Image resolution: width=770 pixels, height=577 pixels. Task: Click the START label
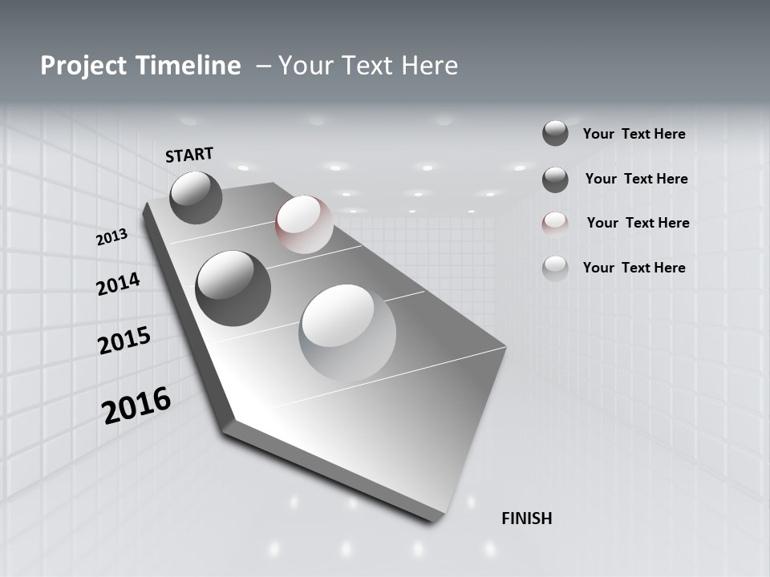coord(189,154)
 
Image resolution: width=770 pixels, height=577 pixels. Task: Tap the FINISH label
coord(526,518)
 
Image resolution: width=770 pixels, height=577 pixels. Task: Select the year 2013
coord(112,237)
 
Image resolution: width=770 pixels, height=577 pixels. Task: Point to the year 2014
coord(119,284)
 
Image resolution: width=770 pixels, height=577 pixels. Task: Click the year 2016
coord(136,405)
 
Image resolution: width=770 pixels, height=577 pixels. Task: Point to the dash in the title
coord(262,66)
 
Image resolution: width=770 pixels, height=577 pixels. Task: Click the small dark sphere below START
coord(197,197)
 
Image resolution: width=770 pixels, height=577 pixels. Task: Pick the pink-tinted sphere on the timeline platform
coord(304,224)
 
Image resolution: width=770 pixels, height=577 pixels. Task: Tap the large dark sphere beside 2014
coord(233,288)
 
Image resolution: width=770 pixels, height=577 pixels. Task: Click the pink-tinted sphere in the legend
coord(555,224)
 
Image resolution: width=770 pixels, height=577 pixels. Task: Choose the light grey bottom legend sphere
coord(555,268)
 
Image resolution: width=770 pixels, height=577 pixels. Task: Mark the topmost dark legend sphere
coord(555,133)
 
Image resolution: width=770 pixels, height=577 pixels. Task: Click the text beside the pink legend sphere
coord(638,223)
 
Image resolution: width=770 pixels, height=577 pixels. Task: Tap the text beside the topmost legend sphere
coord(634,134)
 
